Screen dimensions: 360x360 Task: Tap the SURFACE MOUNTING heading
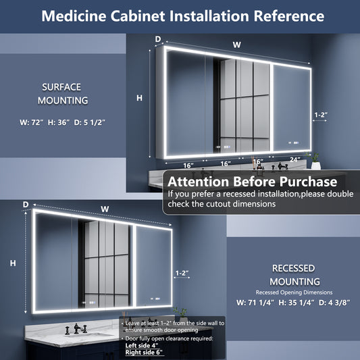coord(63,94)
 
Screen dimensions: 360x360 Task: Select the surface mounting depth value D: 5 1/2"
coord(90,122)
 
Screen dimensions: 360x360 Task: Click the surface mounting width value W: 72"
coord(32,122)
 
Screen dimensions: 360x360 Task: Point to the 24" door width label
coord(294,159)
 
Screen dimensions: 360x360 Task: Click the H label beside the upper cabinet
coord(139,98)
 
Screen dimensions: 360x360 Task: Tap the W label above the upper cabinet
coord(236,45)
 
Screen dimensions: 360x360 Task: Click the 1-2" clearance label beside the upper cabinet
coord(321,115)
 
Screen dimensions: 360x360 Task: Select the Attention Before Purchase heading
coord(253,182)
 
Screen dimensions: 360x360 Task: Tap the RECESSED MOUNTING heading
coord(294,275)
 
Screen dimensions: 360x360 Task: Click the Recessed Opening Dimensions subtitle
coord(294,292)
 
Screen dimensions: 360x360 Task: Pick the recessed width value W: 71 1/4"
coord(255,303)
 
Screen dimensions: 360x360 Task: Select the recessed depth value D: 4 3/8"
coord(334,303)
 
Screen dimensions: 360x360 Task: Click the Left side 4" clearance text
coord(142,346)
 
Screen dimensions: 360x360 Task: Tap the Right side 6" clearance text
coord(144,353)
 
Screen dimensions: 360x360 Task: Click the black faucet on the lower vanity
coord(76,329)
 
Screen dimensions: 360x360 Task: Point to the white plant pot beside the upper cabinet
coord(315,165)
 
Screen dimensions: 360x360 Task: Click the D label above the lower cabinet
coord(26,205)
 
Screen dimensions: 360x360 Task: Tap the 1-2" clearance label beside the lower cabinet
coord(182,273)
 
